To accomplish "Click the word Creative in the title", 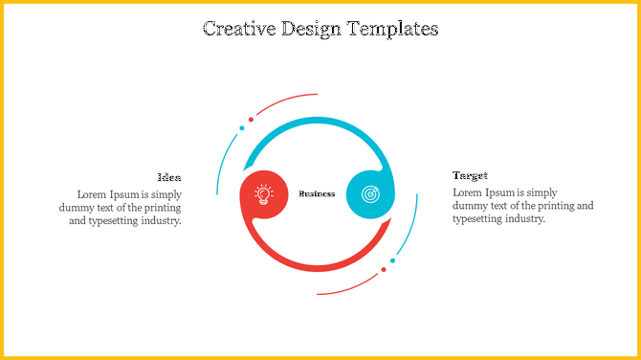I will pyautogui.click(x=239, y=29).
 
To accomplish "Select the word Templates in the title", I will pyautogui.click(x=392, y=29).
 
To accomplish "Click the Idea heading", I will pyautogui.click(x=169, y=177).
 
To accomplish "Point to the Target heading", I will pyautogui.click(x=470, y=176).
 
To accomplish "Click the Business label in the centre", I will pyautogui.click(x=317, y=193).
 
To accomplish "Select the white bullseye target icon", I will pyautogui.click(x=369, y=193).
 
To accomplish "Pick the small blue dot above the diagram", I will pyautogui.click(x=242, y=127).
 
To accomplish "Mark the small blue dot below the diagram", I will pyautogui.click(x=392, y=260).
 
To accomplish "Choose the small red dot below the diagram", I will pyautogui.click(x=384, y=269).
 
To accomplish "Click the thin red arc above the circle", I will pyautogui.click(x=287, y=100).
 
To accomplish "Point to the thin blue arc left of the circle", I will pyautogui.click(x=225, y=158).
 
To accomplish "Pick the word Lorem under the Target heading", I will pyautogui.click(x=468, y=192).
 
